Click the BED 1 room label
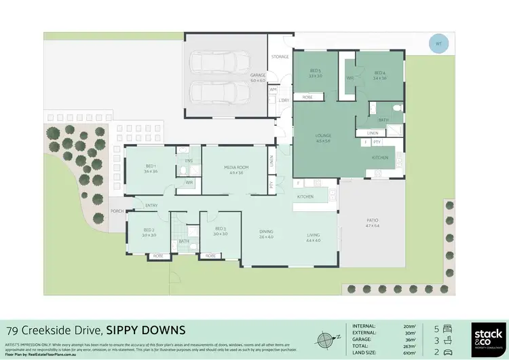pyautogui.click(x=151, y=166)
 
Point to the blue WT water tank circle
pyautogui.click(x=438, y=45)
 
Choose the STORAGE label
pyautogui.click(x=280, y=56)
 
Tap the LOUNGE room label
pyautogui.click(x=323, y=136)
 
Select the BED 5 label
pyautogui.click(x=316, y=71)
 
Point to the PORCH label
pyautogui.click(x=117, y=211)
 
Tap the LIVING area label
pyautogui.click(x=313, y=235)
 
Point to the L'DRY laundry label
pyautogui.click(x=284, y=101)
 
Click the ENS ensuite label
pyautogui.click(x=189, y=160)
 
